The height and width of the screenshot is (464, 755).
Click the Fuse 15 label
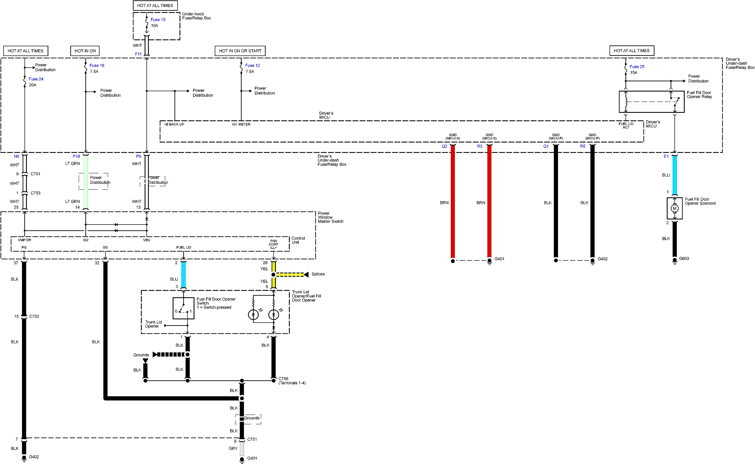pyautogui.click(x=158, y=20)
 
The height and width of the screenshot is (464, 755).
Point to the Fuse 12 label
pyautogui.click(x=253, y=65)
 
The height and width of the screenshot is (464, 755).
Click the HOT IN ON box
pyautogui.click(x=85, y=51)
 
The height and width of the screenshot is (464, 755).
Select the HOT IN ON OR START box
pyautogui.click(x=240, y=51)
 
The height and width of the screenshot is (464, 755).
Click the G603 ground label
pyautogui.click(x=684, y=258)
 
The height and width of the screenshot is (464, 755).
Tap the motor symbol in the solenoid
pyautogui.click(x=674, y=208)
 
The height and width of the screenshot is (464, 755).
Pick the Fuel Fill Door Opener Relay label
pyautogui.click(x=699, y=95)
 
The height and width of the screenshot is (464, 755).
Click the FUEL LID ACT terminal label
pyautogui.click(x=626, y=126)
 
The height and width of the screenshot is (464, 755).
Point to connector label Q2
pyautogui.click(x=444, y=146)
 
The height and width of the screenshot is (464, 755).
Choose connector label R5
pyautogui.click(x=583, y=146)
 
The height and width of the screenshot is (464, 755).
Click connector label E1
pyautogui.click(x=666, y=157)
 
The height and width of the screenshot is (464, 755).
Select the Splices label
pyautogui.click(x=318, y=274)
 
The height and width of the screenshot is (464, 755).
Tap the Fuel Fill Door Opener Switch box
pyautogui.click(x=183, y=308)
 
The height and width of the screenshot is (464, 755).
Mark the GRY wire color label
pyautogui.click(x=233, y=448)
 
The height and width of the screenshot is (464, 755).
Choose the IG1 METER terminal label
pyautogui.click(x=241, y=124)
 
